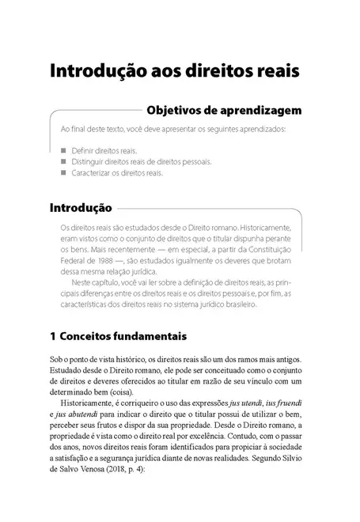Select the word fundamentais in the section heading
point(153,335)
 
